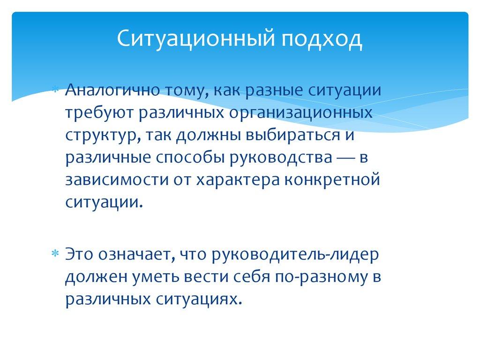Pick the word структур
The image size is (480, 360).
coord(101,136)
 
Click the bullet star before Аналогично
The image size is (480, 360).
coord(55,90)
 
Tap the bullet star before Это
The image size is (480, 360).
coord(55,254)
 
